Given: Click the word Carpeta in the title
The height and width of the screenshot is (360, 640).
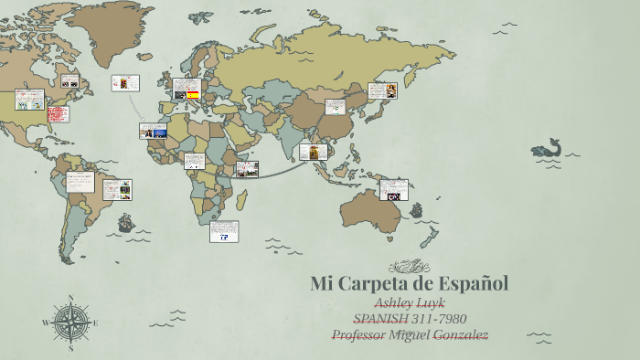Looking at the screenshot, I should (x=377, y=283).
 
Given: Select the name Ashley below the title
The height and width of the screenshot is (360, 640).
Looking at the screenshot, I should (x=394, y=302).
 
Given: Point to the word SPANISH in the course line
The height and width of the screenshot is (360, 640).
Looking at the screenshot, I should (x=381, y=319).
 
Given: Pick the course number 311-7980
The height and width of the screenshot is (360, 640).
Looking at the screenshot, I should (x=440, y=319).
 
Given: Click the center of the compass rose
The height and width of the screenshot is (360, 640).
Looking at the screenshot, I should (x=69, y=322).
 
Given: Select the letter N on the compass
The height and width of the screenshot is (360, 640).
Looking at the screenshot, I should (x=69, y=298).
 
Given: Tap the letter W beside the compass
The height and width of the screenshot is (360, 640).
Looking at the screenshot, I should (x=46, y=323).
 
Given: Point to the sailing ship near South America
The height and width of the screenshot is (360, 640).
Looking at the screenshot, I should (x=125, y=222).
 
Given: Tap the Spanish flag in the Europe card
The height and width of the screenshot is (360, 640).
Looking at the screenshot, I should (x=193, y=94).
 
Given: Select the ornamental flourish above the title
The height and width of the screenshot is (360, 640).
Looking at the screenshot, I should (x=409, y=266).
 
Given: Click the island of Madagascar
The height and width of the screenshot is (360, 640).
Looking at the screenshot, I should (x=242, y=197).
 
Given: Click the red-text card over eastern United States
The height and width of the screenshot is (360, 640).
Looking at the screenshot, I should (x=57, y=115).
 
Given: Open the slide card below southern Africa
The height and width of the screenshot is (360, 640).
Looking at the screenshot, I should (x=224, y=231).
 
